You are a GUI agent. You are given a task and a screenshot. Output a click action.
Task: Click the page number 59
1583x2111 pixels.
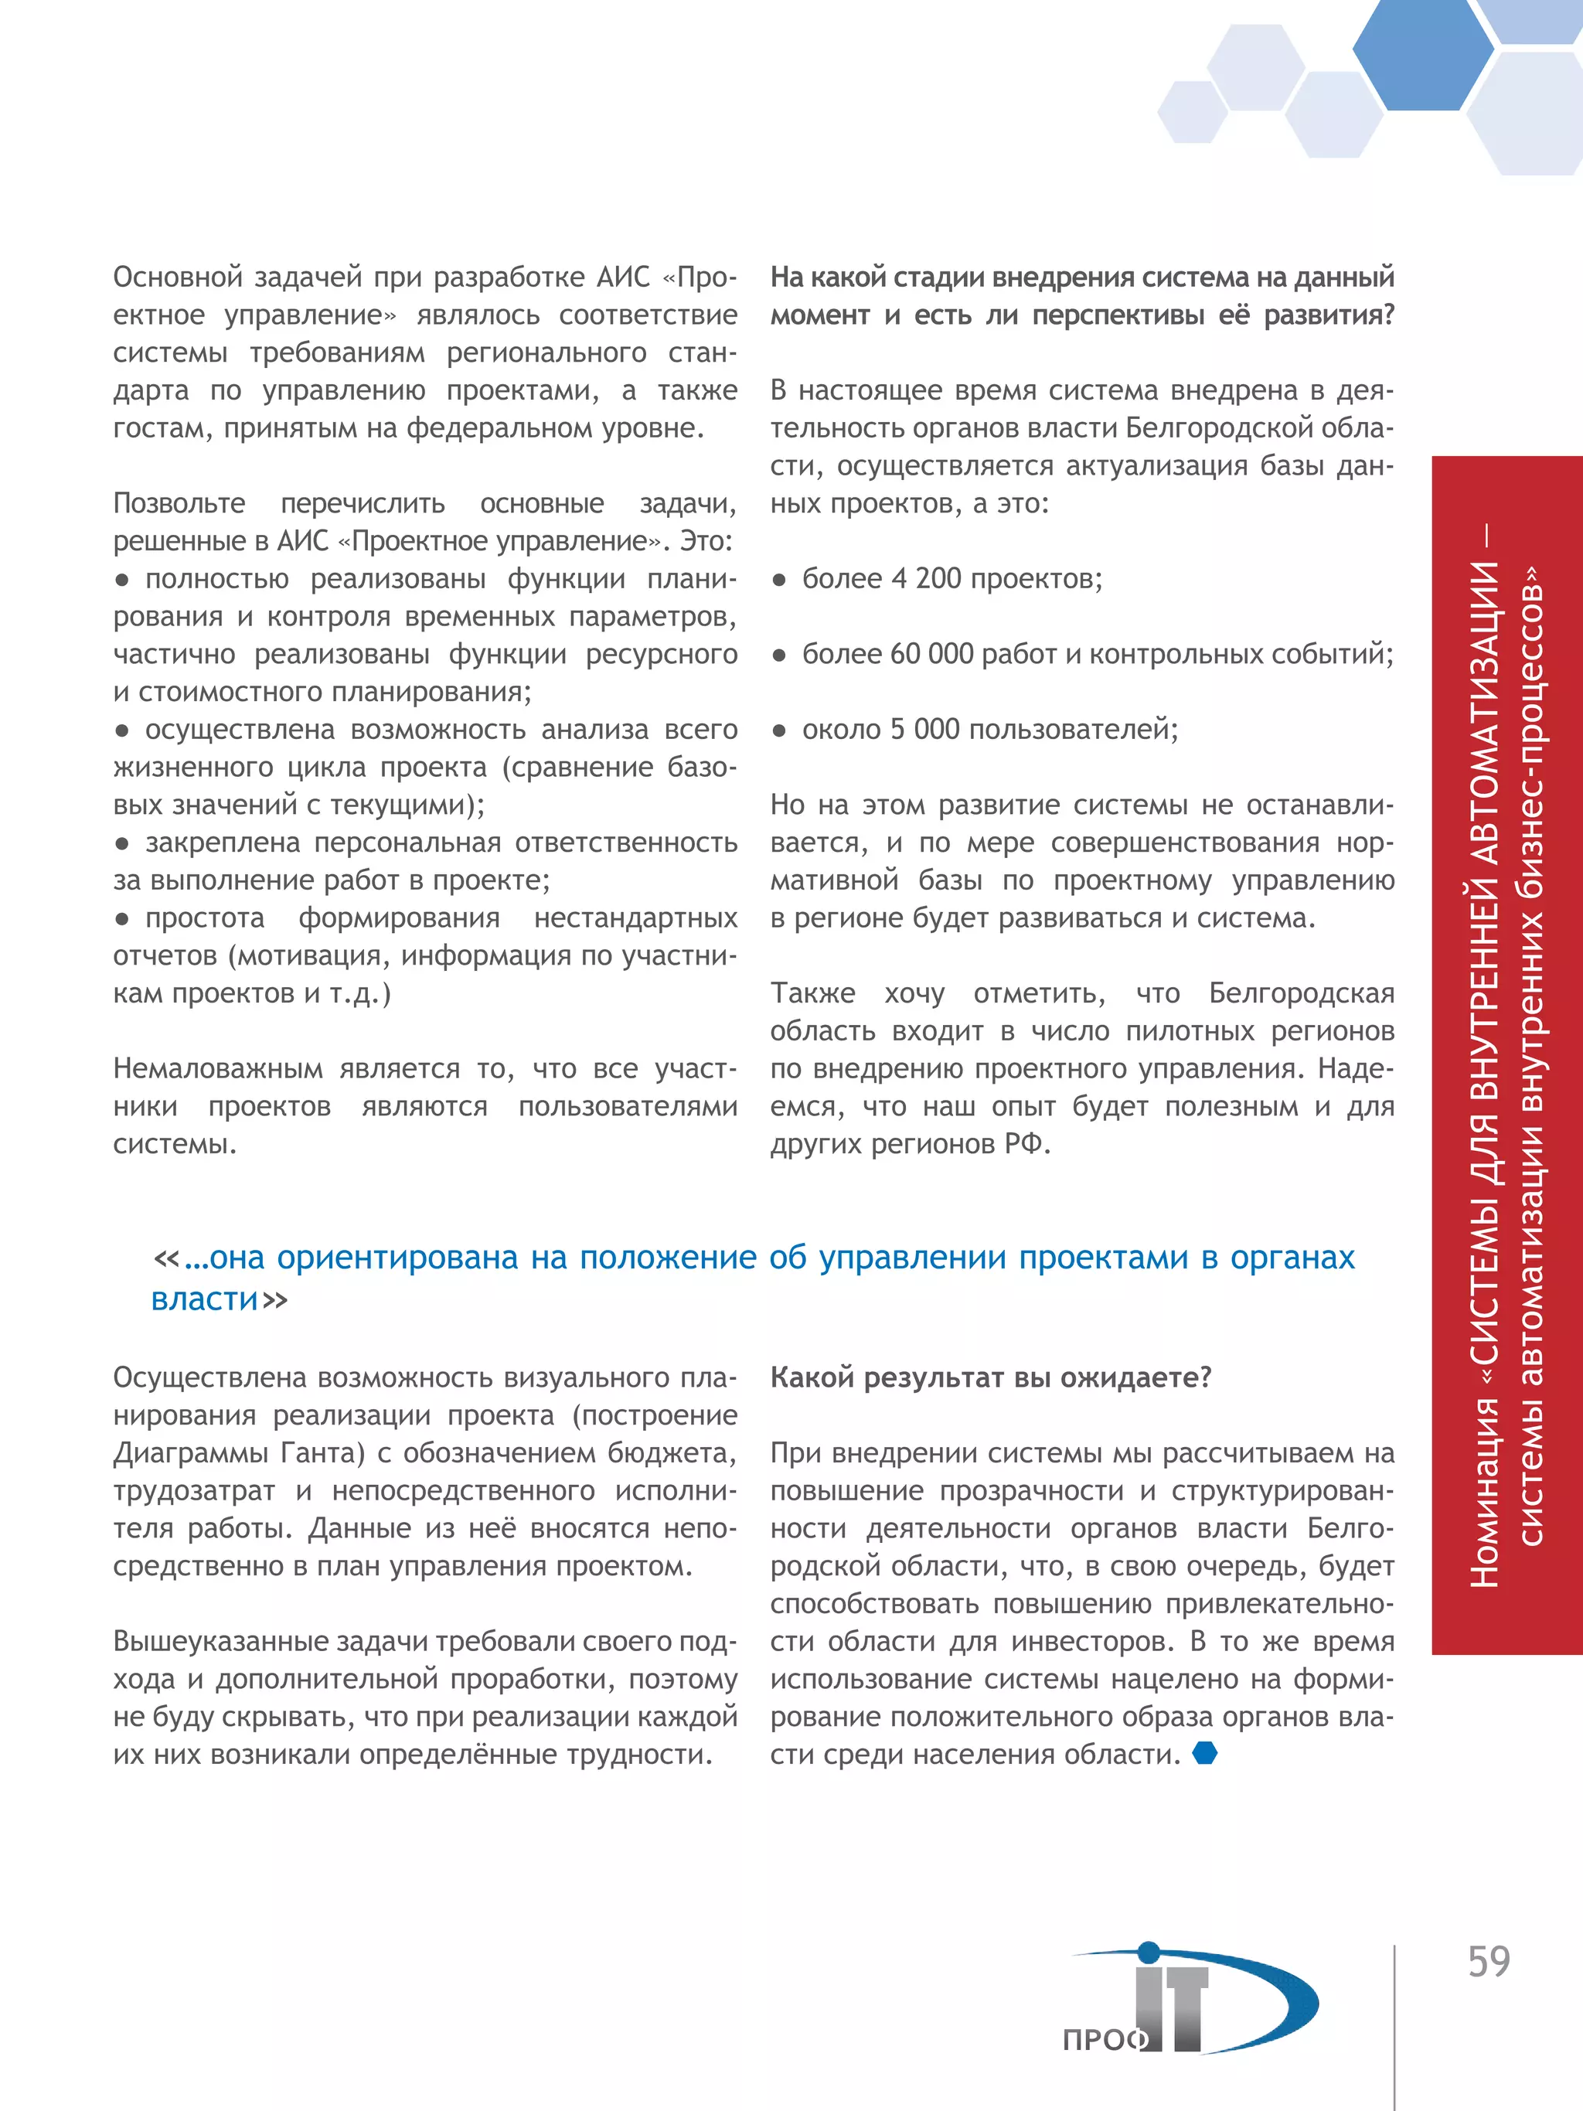(x=1488, y=1962)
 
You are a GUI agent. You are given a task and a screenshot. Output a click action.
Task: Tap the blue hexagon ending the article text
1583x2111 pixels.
(x=1205, y=1753)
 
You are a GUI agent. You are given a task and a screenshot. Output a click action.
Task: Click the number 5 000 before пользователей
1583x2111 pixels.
(x=924, y=730)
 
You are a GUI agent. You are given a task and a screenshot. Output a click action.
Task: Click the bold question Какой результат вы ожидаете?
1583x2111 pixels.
(x=989, y=1378)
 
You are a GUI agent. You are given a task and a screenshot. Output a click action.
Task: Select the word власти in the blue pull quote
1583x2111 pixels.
(x=204, y=1300)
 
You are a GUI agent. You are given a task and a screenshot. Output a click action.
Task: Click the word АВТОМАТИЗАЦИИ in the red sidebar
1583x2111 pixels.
(x=1484, y=736)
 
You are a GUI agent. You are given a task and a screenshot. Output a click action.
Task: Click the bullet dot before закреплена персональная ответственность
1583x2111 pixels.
(x=121, y=843)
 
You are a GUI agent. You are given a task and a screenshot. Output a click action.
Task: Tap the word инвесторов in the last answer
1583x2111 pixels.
(x=1091, y=1642)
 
